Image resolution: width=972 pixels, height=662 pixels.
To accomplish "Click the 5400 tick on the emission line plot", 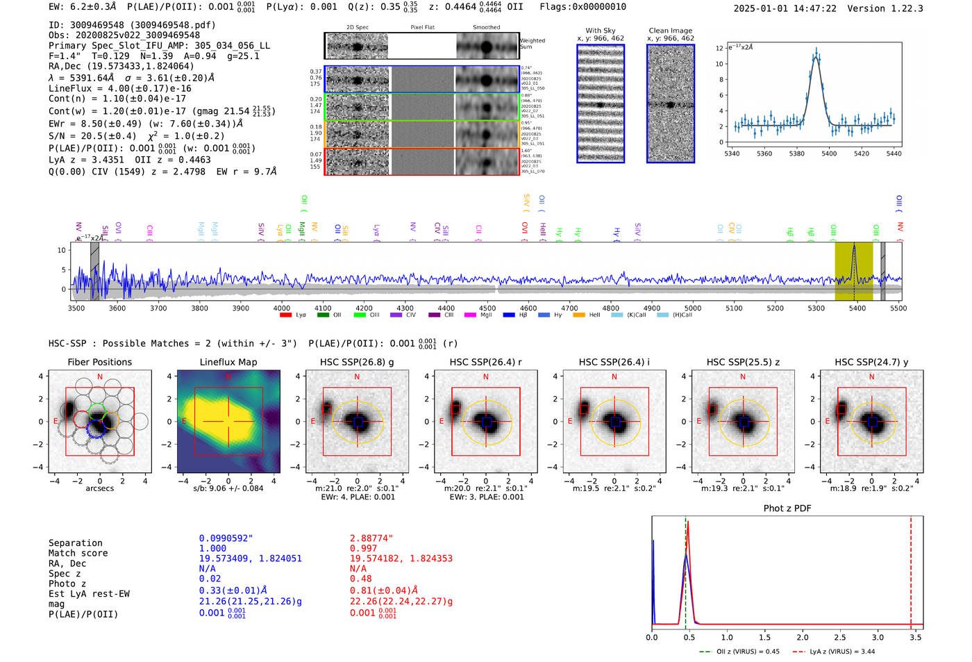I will (829, 154).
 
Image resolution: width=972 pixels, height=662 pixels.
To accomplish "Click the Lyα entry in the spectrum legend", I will (300, 315).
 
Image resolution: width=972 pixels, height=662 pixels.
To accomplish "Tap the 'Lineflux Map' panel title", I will (228, 362).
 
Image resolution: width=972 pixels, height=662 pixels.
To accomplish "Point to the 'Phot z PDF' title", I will (787, 508).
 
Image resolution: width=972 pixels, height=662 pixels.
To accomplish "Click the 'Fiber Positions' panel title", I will (99, 362).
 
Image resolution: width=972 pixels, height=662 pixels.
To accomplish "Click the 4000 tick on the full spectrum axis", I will (282, 308).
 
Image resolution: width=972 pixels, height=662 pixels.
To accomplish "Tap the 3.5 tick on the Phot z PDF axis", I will (916, 637).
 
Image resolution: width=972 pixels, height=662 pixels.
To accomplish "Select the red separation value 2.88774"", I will (371, 538).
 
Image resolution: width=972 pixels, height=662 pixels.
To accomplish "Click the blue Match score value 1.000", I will (212, 549).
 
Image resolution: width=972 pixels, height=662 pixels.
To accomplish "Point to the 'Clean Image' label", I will (670, 31).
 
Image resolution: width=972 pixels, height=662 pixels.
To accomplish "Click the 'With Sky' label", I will (600, 31).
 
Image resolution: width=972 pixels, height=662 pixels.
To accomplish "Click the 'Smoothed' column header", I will (486, 28).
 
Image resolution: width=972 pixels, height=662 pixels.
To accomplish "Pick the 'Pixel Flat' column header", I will (422, 28).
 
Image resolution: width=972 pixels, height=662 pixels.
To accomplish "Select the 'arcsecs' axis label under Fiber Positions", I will (99, 488).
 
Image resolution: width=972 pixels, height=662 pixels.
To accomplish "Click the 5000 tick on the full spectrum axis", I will (693, 308).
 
